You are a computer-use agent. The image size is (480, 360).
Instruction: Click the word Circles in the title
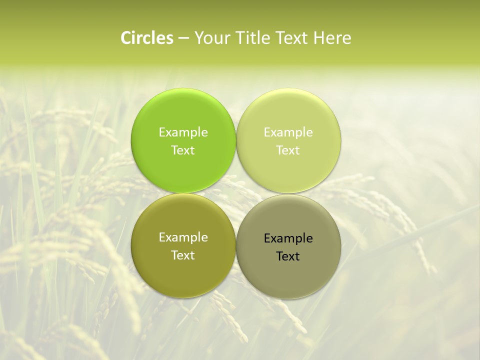[147, 38]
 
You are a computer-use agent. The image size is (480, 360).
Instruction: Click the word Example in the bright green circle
[183, 132]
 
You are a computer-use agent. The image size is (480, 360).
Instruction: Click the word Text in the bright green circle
[183, 150]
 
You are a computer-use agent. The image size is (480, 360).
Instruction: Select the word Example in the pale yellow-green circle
[288, 132]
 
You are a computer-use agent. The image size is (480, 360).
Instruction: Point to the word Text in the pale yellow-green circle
[288, 150]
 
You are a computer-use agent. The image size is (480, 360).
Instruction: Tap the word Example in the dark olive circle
[183, 237]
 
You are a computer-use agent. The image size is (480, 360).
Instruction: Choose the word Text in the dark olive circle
[183, 255]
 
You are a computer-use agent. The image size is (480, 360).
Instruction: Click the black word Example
[288, 238]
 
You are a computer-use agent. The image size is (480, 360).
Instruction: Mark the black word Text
[288, 256]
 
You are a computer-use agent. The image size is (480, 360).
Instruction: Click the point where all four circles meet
[236, 193]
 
